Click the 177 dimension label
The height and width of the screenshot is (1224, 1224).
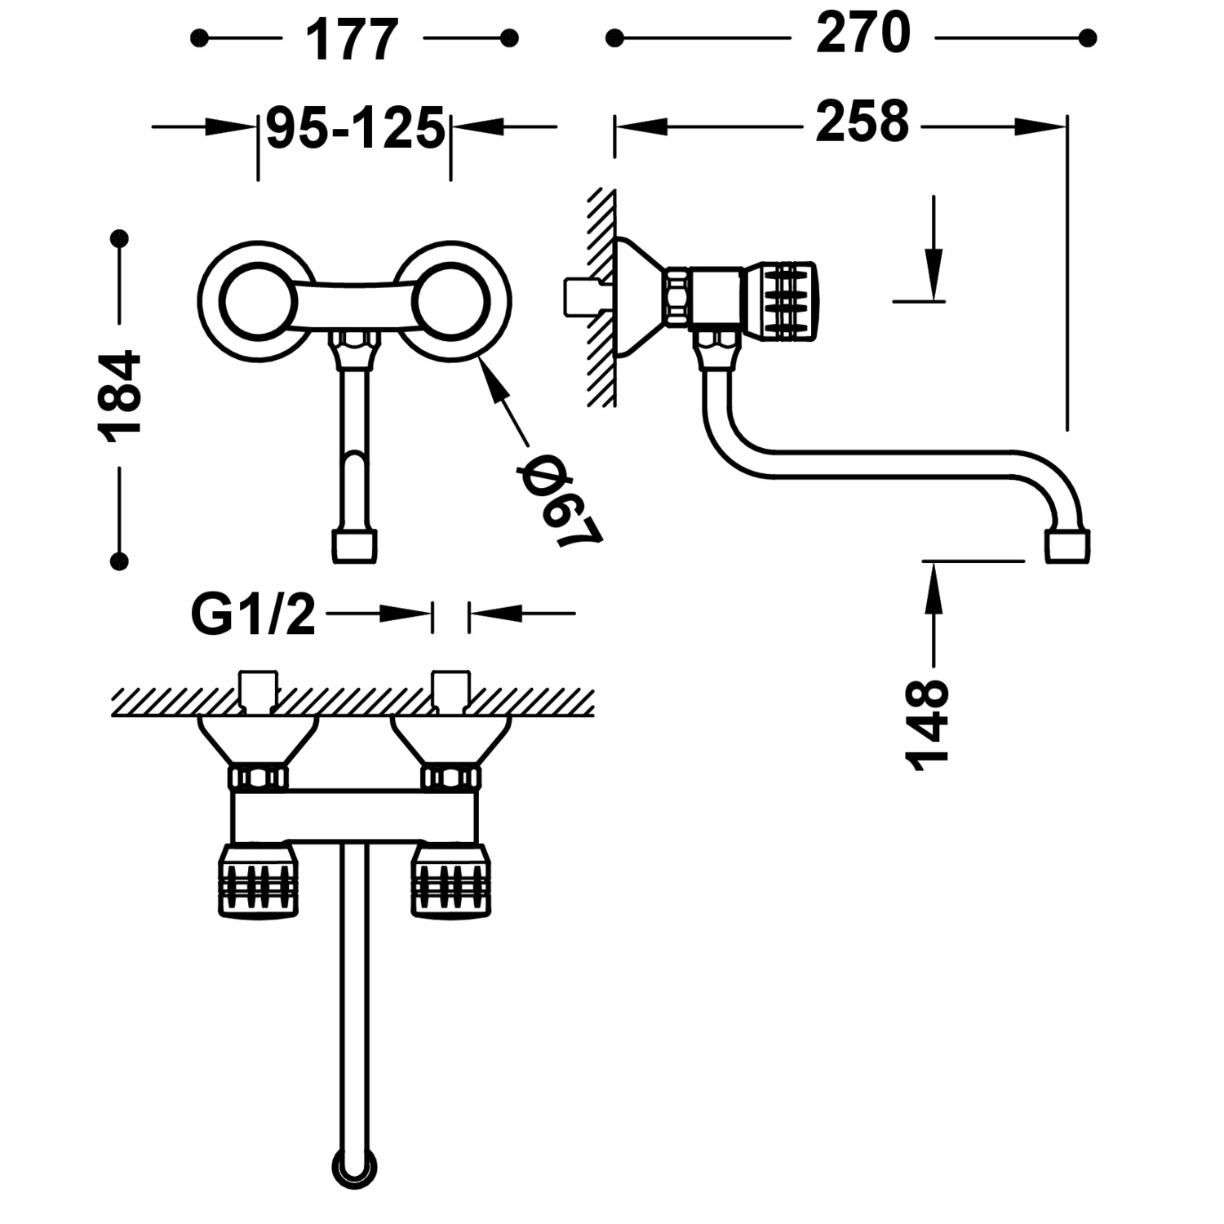(353, 39)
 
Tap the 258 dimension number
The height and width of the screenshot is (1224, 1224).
(863, 122)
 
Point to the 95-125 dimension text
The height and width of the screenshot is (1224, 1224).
(355, 128)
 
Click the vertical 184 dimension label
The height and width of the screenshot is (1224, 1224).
(121, 398)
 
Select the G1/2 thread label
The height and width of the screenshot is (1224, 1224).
(252, 614)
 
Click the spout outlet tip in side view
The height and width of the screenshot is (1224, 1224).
(1067, 545)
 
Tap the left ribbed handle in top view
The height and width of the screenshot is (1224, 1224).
(256, 881)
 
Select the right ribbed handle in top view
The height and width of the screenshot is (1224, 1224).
(452, 881)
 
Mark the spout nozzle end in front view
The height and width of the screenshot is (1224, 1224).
(355, 545)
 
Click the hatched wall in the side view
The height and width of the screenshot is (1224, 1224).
(602, 298)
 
